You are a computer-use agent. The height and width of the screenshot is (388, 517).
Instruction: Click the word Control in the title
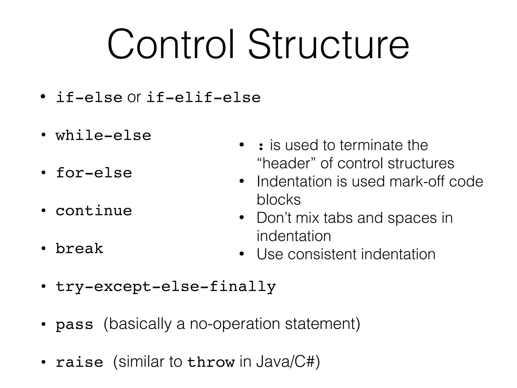pos(171,45)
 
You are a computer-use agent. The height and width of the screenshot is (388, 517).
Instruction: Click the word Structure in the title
pos(328,45)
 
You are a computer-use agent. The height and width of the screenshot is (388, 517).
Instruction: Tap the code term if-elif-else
pos(203,98)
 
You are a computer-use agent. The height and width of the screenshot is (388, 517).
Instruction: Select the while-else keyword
pos(103,136)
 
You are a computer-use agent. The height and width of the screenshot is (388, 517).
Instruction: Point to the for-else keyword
pos(94,173)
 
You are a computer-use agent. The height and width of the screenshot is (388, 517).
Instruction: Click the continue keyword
pos(94,211)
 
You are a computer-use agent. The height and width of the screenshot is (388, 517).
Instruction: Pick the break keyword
pos(79,249)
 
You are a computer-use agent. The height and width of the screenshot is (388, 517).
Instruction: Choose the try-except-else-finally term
pos(166,287)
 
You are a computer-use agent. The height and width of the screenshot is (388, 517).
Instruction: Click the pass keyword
pos(74,324)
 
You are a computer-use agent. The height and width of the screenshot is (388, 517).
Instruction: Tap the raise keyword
pos(79,362)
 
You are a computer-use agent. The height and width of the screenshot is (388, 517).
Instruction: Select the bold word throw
pos(211,362)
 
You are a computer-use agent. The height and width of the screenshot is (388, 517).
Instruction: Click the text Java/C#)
pos(288,362)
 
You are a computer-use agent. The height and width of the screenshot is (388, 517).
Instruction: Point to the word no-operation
pos(235,324)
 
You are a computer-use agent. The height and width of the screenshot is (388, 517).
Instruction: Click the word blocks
pos(278,200)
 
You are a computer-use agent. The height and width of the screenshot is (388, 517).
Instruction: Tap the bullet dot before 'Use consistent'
pos(242,254)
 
